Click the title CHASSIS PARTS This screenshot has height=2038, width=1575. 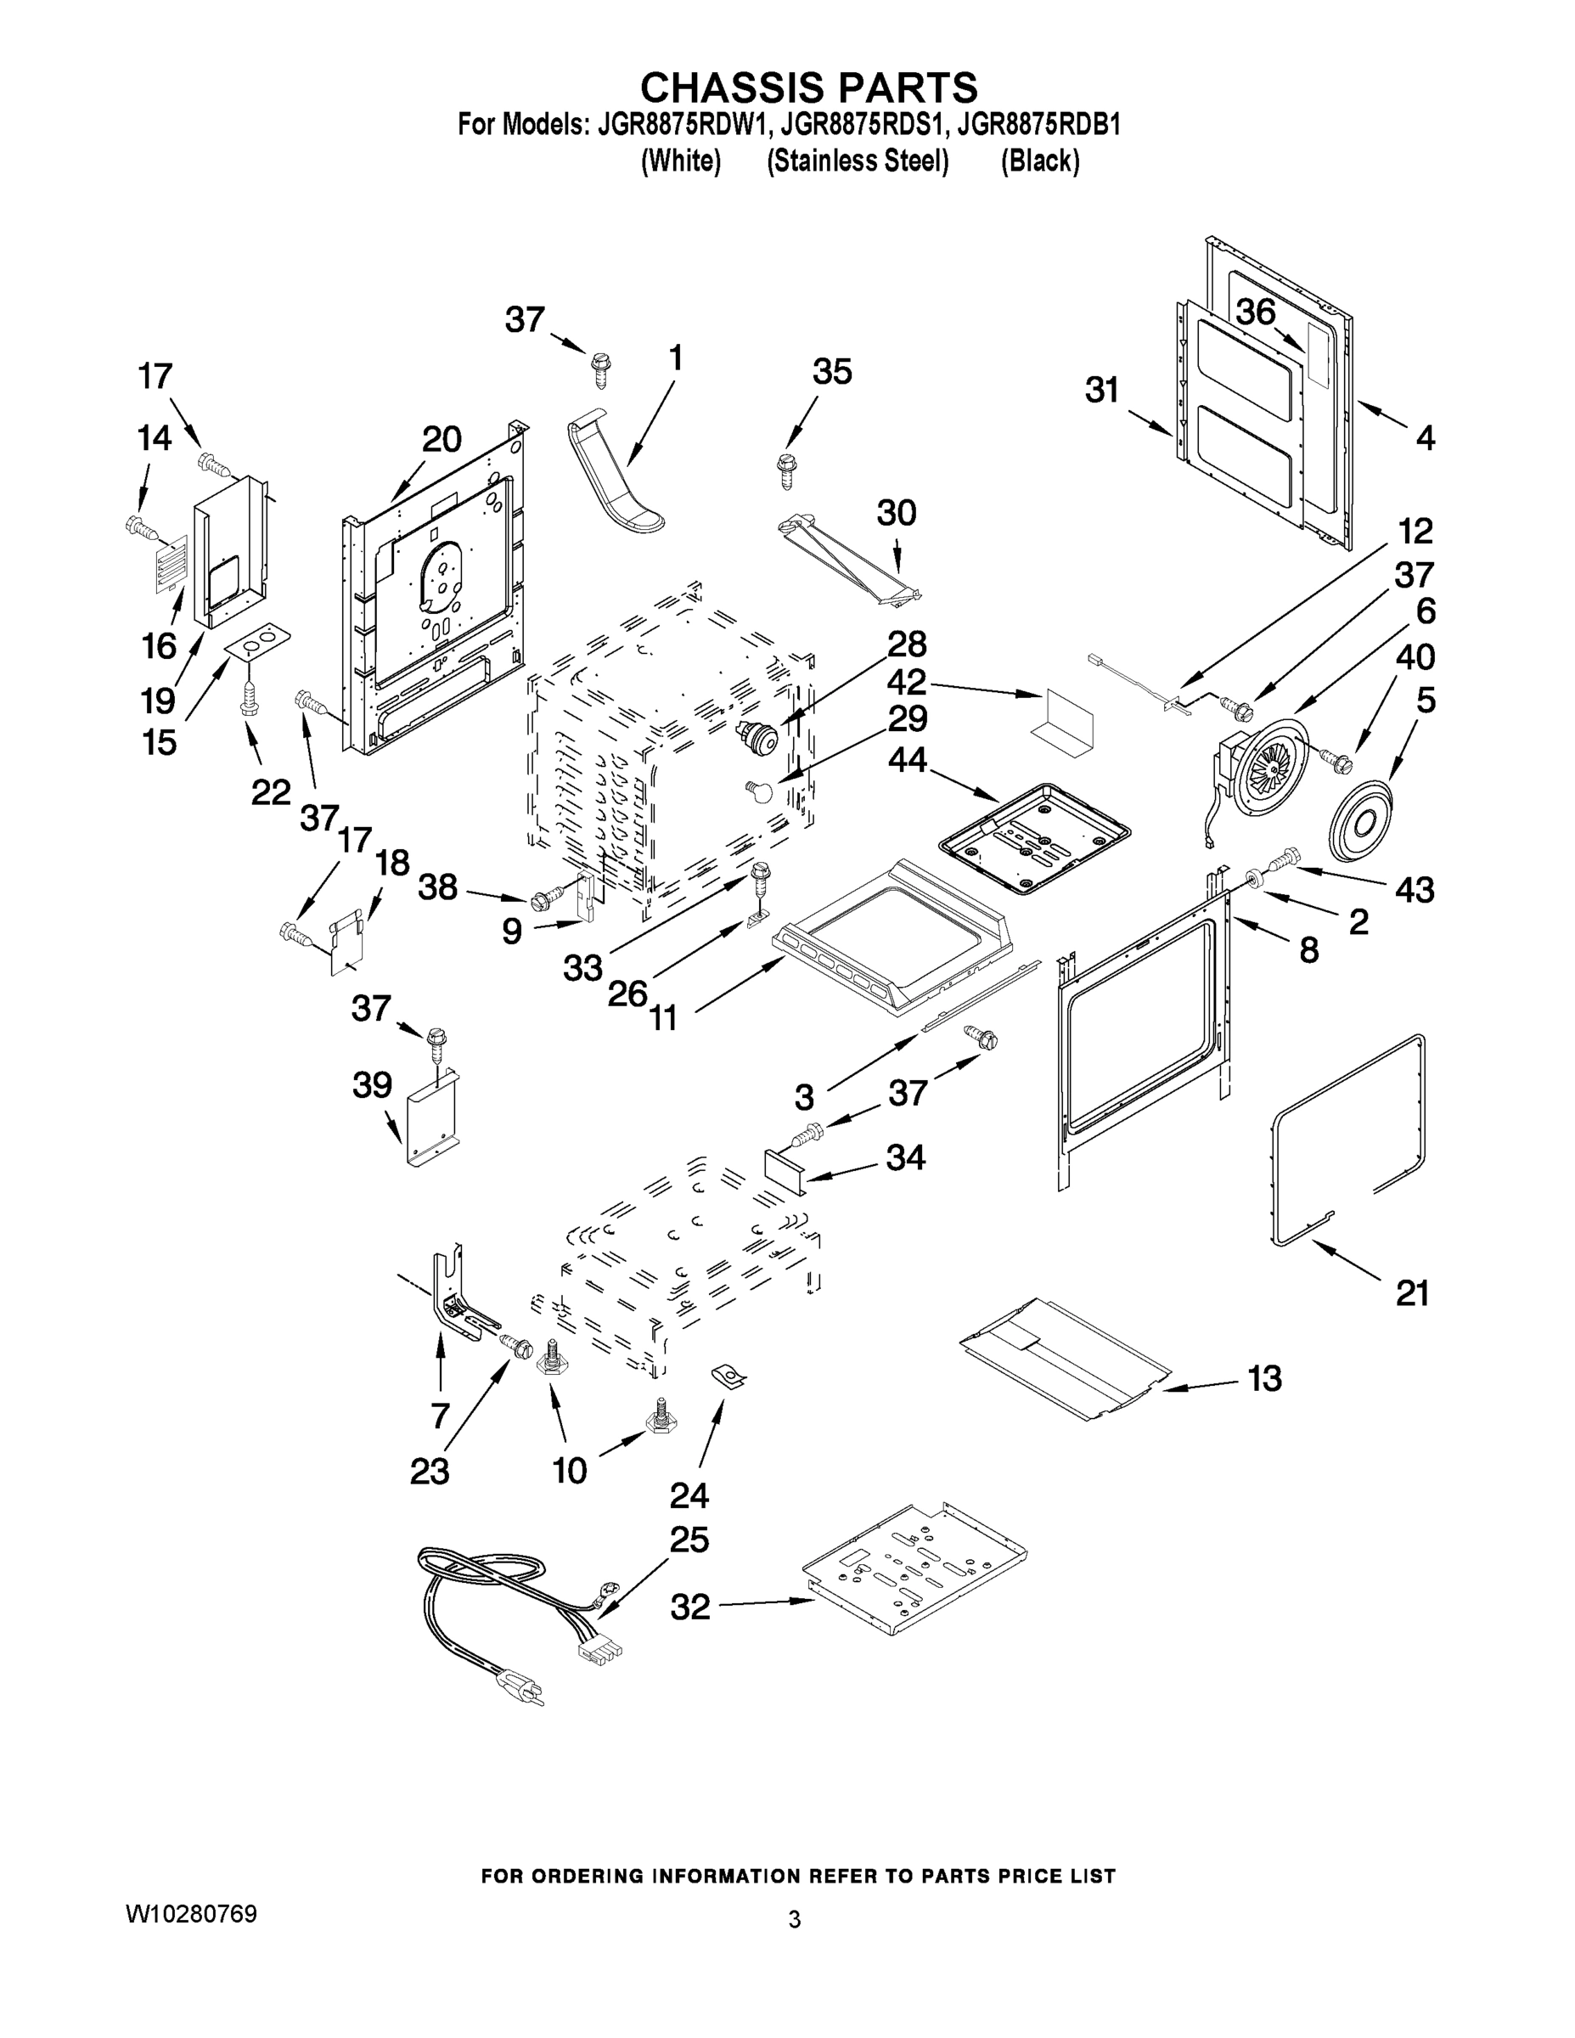point(808,87)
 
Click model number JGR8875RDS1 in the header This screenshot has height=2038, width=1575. point(857,124)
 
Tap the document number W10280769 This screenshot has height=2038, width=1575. point(191,1914)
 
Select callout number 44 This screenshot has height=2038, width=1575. point(907,760)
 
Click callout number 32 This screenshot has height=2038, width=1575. point(690,1607)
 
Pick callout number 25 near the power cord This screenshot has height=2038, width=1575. point(689,1539)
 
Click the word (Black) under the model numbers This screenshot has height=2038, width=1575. point(1039,161)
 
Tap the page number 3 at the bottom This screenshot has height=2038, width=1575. point(794,1919)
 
